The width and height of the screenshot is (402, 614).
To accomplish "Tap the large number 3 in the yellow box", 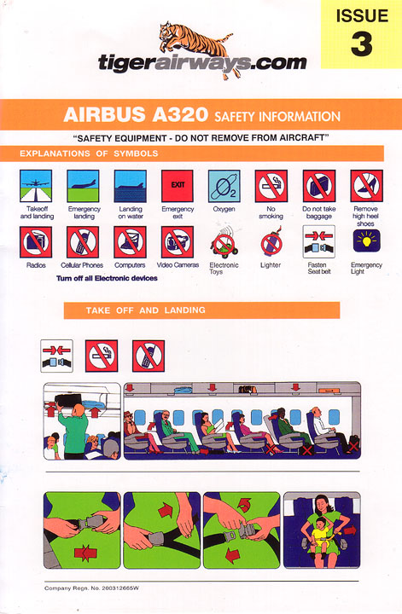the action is click(x=361, y=43).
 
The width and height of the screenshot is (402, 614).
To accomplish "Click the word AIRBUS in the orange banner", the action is click(x=104, y=115).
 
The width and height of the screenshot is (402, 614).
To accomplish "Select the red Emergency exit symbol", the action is click(x=177, y=186).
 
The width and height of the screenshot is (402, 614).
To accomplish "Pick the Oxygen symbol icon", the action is click(x=224, y=186).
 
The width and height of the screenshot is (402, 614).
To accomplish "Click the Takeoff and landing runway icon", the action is click(x=36, y=186).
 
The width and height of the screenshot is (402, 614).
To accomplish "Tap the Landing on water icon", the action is click(x=131, y=186).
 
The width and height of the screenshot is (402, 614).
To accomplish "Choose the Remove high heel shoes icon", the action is click(x=366, y=186).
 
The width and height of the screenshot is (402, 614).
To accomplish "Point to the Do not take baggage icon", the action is click(x=319, y=186).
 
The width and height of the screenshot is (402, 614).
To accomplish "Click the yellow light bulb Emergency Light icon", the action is click(x=366, y=240).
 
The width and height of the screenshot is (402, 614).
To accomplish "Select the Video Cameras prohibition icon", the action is click(x=177, y=242).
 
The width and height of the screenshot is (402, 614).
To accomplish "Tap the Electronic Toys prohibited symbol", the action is click(x=224, y=244).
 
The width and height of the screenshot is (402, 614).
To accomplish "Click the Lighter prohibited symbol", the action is click(x=271, y=243).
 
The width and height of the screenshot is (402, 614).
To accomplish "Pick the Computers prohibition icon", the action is click(x=130, y=242).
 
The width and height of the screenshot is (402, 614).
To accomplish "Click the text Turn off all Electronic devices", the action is click(x=107, y=278).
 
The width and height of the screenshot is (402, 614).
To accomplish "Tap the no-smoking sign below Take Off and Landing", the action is click(x=102, y=356).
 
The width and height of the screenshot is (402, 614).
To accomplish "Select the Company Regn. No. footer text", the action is click(x=91, y=588).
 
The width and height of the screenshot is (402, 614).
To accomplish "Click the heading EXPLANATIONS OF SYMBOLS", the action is click(x=89, y=153).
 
